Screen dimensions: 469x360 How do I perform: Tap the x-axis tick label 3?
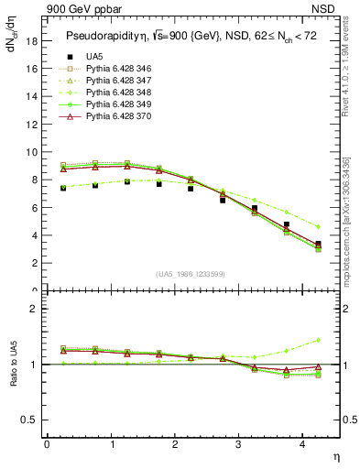click(239, 445)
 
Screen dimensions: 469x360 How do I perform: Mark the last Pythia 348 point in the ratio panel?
click(318, 340)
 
